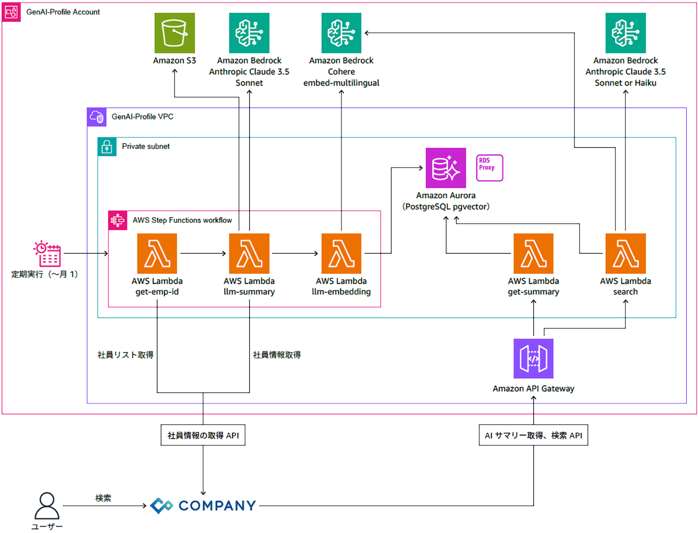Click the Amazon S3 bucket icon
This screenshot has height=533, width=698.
click(174, 33)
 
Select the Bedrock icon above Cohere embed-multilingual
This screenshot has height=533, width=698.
click(341, 33)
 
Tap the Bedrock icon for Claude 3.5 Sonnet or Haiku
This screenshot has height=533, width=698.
click(625, 33)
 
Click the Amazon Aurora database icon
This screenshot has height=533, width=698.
click(446, 168)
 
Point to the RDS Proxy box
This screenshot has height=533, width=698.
click(490, 168)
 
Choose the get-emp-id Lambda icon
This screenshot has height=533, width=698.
click(157, 253)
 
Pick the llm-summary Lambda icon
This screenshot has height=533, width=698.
click(249, 253)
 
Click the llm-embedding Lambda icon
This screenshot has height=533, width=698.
click(341, 253)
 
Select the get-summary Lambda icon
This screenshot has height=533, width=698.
click(533, 253)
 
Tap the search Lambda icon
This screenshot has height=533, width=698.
click(625, 253)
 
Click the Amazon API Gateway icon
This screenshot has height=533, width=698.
click(533, 359)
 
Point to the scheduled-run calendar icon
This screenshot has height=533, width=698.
click(47, 253)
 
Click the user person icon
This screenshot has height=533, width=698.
click(47, 506)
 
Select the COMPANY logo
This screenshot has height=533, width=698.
click(203, 506)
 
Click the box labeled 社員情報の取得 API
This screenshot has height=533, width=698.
click(203, 435)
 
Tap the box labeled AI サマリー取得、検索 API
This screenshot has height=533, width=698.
click(533, 435)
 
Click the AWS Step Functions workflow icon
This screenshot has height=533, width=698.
click(118, 220)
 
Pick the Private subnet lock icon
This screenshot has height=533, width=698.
click(107, 147)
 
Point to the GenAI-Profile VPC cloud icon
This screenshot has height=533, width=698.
click(97, 117)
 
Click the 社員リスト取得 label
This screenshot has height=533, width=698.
click(125, 355)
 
